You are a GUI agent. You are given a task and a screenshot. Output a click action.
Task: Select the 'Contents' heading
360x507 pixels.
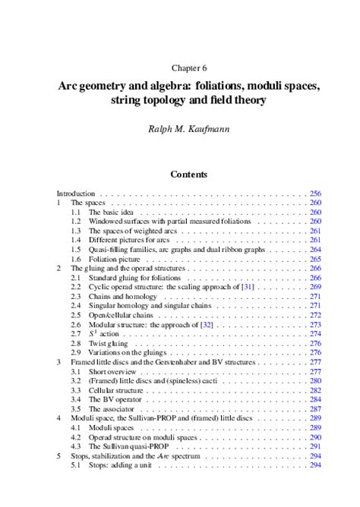(x=189, y=174)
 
